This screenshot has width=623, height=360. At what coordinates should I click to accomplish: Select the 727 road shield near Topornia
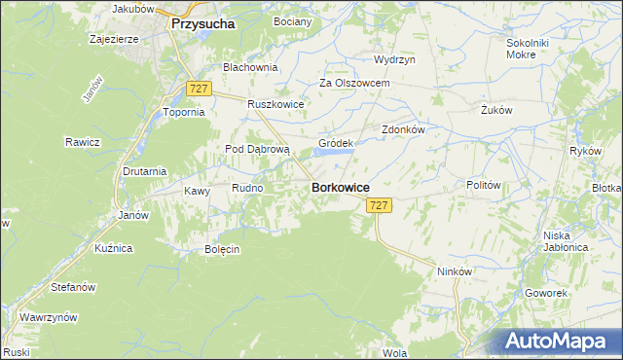(x=199, y=89)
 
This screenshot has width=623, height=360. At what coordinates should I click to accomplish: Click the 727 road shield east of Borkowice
(x=380, y=205)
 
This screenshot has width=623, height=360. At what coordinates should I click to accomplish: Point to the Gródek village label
(x=335, y=143)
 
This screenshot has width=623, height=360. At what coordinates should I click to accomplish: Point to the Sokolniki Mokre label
(x=529, y=50)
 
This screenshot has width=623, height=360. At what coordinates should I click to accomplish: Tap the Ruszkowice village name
(x=276, y=105)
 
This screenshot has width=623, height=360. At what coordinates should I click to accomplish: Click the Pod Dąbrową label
(x=258, y=149)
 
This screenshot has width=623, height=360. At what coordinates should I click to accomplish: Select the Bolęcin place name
(x=222, y=249)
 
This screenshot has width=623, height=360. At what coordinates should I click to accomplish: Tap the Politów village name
(x=483, y=185)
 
